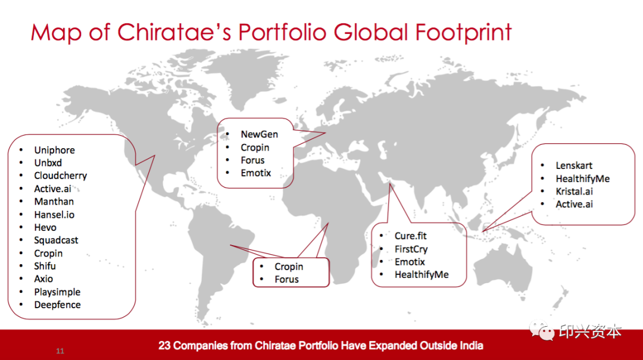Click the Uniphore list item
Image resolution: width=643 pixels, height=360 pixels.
click(x=55, y=150)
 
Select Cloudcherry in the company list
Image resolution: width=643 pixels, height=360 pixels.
click(x=61, y=176)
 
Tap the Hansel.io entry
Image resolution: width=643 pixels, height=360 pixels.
click(x=54, y=214)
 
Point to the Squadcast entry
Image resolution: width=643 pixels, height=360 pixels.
click(x=56, y=240)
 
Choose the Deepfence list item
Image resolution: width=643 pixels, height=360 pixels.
click(x=57, y=305)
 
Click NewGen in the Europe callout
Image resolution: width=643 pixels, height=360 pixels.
click(x=259, y=134)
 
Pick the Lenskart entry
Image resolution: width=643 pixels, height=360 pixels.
click(x=574, y=165)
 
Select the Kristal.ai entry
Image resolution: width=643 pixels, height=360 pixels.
click(x=574, y=192)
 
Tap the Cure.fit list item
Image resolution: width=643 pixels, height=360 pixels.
click(x=410, y=236)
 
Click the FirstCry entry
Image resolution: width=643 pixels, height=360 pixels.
click(x=411, y=249)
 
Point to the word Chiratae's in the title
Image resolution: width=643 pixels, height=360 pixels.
click(x=174, y=32)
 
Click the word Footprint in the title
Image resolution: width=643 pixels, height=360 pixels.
click(x=463, y=33)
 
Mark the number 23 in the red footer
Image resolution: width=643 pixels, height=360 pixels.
click(x=164, y=346)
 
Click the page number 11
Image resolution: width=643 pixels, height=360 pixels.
click(x=60, y=351)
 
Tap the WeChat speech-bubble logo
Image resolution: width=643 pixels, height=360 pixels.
click(x=542, y=330)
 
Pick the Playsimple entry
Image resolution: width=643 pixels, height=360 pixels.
click(x=57, y=292)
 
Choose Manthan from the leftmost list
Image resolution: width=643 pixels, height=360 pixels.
click(x=54, y=201)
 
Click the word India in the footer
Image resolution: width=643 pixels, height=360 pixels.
click(x=471, y=346)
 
